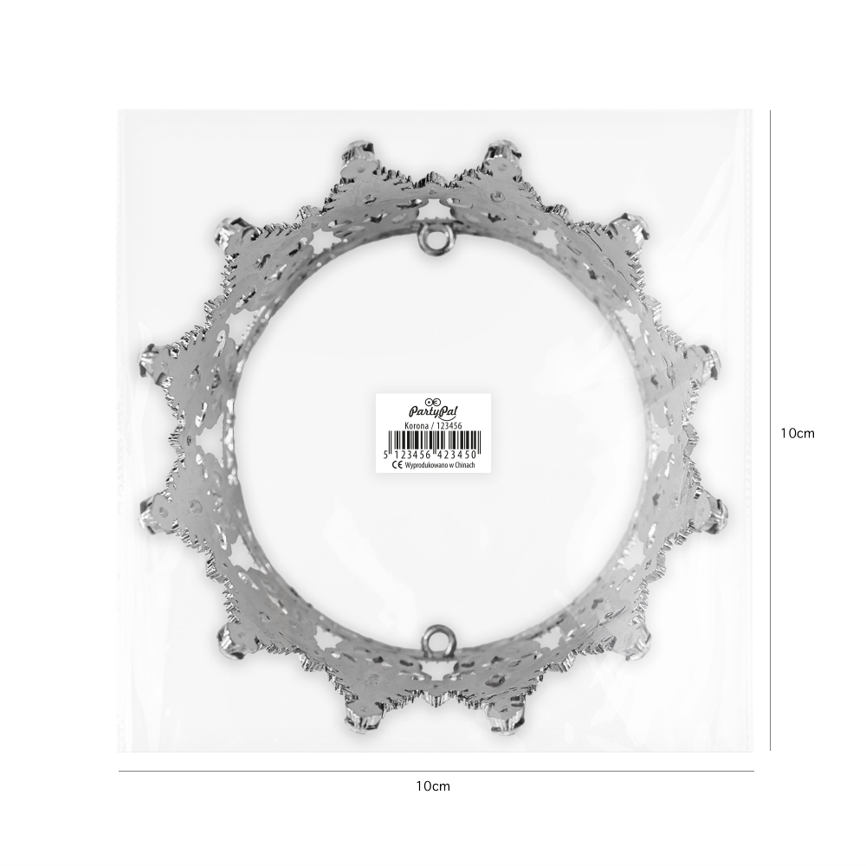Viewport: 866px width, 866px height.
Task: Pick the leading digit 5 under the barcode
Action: pyautogui.click(x=385, y=456)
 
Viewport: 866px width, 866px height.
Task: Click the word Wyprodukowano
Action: pyautogui.click(x=424, y=466)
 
